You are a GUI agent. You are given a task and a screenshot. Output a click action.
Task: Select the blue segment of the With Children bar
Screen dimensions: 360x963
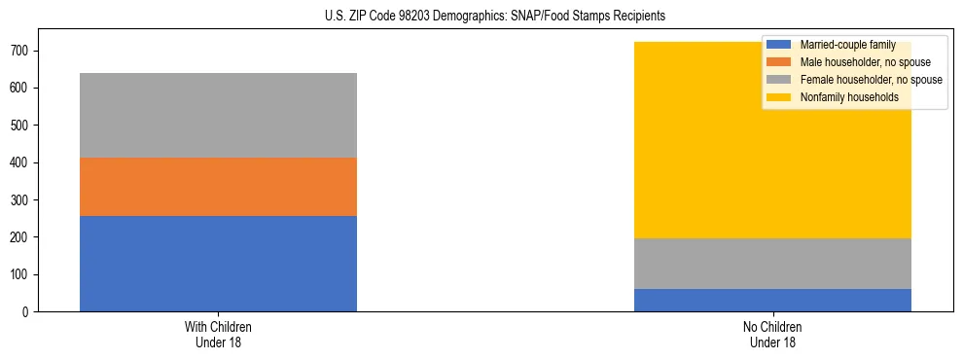(218, 264)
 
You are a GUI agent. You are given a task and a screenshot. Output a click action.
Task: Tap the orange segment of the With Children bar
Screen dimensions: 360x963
(218, 187)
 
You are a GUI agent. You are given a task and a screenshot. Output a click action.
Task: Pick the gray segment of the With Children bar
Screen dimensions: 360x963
(218, 115)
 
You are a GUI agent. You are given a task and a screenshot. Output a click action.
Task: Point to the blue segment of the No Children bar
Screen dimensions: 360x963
(772, 301)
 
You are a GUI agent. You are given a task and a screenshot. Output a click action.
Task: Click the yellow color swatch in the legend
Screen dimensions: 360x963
(779, 97)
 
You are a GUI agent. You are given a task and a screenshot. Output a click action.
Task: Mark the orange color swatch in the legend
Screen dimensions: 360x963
(779, 62)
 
